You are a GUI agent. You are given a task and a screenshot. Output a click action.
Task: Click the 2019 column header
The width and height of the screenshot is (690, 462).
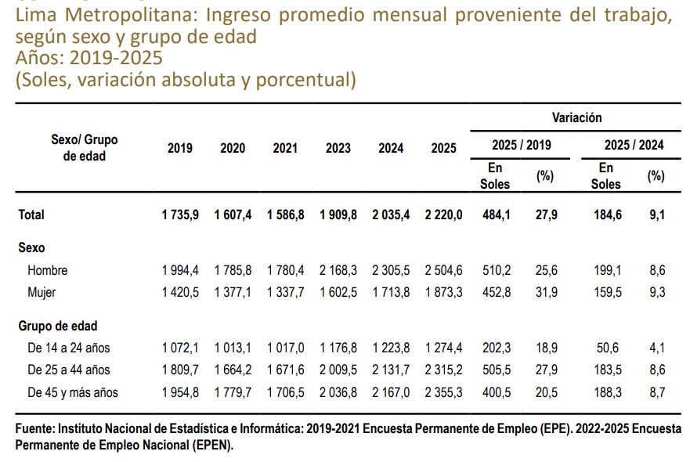[180, 148]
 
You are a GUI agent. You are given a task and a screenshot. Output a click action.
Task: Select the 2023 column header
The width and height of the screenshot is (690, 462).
[338, 148]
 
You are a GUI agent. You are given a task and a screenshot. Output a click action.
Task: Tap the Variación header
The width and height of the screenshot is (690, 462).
[576, 117]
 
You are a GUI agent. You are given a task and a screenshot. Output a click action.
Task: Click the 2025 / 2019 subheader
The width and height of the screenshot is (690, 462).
[522, 145]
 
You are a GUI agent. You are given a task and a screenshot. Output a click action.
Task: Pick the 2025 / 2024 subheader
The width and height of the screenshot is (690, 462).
[634, 145]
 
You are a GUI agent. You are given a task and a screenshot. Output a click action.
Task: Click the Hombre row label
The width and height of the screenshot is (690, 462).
[48, 269]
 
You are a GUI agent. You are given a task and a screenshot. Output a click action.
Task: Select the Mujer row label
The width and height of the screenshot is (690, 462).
[42, 292]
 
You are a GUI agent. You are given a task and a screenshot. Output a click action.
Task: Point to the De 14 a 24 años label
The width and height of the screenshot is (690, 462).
[69, 348]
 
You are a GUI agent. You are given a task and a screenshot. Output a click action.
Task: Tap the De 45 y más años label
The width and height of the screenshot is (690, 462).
[73, 392]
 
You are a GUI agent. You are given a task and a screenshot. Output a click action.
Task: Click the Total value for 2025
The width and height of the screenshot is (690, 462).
[443, 215]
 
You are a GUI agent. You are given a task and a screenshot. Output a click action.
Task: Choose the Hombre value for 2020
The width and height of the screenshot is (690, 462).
[233, 269]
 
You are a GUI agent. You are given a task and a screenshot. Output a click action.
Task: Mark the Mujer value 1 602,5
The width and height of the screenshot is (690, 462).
[338, 292]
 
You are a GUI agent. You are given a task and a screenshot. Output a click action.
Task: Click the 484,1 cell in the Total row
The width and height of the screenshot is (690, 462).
[497, 215]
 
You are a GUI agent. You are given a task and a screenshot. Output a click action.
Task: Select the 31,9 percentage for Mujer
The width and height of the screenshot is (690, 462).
[547, 292]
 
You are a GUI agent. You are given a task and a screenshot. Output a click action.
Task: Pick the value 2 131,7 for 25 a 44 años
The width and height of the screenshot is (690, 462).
[391, 370]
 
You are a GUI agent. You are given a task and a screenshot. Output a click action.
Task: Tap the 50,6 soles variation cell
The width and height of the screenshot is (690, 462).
[608, 348]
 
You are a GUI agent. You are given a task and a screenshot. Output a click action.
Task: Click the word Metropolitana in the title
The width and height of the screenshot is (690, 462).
[128, 15]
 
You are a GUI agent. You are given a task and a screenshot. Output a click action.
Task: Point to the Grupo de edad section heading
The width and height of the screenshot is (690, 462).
[58, 326]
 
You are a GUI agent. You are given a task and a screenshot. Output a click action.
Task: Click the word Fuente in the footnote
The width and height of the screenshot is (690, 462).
[34, 428]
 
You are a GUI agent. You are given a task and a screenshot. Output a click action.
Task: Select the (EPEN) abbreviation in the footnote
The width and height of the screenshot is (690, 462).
[212, 445]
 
